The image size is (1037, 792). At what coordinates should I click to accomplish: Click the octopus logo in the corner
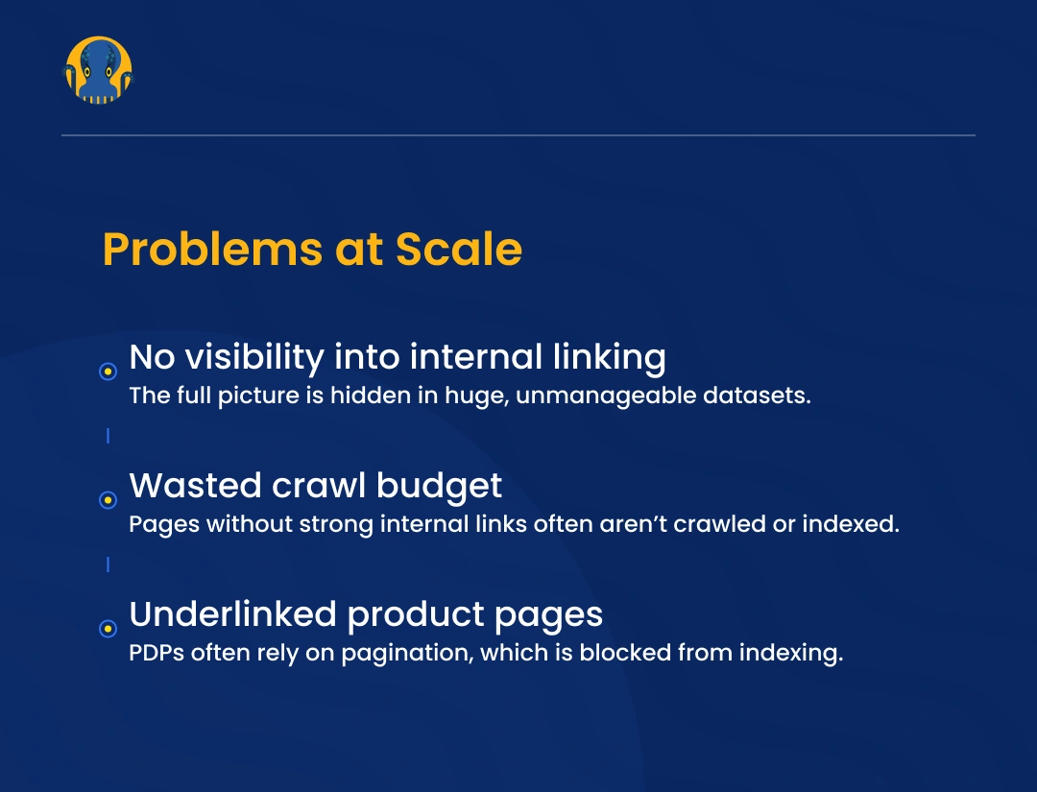point(98,70)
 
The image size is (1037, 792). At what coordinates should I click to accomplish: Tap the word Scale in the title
point(459,250)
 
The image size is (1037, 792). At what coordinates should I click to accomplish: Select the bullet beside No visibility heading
point(109,372)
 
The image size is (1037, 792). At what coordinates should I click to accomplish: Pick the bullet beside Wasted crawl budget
point(109,500)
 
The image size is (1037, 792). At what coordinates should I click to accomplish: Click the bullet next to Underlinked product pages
point(109,629)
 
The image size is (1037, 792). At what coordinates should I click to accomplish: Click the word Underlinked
point(232,614)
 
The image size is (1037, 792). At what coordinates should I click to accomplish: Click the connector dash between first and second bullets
point(108,436)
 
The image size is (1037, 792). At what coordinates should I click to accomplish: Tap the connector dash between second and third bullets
point(108,564)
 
